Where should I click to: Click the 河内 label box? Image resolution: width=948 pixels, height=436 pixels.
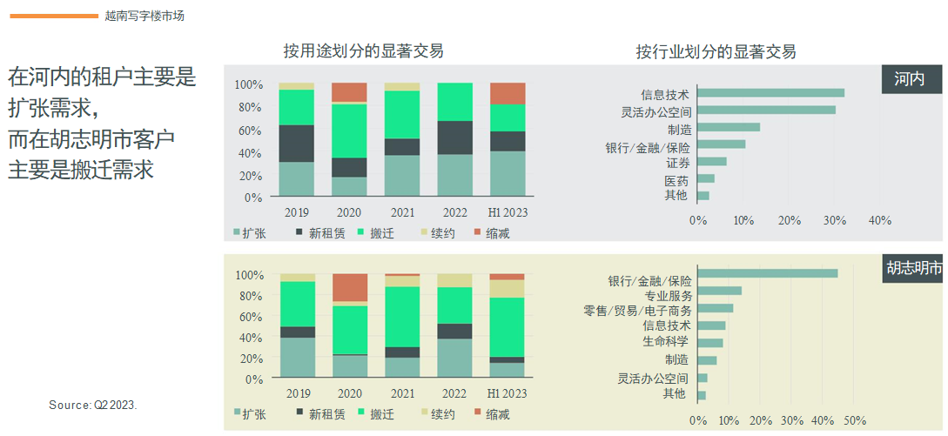point(913,79)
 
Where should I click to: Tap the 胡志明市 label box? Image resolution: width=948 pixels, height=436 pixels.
point(913,268)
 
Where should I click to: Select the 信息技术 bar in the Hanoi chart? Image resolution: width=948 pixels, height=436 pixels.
point(771,93)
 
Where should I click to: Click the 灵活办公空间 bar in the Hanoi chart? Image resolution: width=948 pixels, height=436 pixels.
point(767,110)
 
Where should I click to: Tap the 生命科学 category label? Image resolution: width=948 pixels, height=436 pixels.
point(666,341)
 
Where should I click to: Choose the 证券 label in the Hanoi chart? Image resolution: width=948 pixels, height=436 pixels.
point(678,163)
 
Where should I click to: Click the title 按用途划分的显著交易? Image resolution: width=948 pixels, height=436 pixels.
point(363,50)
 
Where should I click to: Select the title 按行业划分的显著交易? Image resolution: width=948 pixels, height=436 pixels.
point(716,50)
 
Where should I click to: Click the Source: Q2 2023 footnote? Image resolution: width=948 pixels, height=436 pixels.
point(93,406)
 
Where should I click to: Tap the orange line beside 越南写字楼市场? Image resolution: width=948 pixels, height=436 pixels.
point(55,16)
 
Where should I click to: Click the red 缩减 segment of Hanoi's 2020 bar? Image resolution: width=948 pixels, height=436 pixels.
point(349,92)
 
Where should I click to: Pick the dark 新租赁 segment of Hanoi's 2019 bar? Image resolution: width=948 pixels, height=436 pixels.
point(296,144)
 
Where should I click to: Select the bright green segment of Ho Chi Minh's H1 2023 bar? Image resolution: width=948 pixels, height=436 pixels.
point(507,327)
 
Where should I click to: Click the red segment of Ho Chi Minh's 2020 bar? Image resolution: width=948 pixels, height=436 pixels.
point(349,287)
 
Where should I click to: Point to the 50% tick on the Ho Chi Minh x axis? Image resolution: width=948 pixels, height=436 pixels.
point(856,420)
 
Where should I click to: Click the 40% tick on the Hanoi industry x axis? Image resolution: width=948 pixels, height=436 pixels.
point(880,220)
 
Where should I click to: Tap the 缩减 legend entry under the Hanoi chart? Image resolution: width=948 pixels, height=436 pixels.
point(492,233)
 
